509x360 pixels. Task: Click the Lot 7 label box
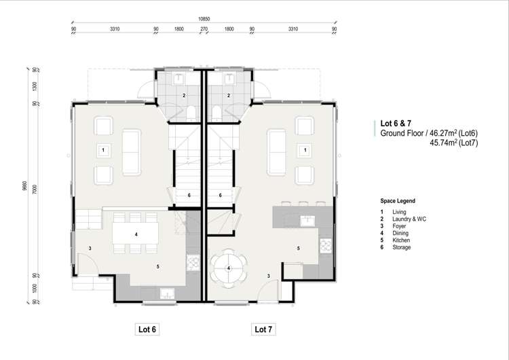(x=264, y=329)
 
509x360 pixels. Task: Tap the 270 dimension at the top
(x=204, y=29)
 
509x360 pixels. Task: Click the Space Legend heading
(x=398, y=202)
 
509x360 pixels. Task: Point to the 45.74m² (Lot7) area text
(x=453, y=144)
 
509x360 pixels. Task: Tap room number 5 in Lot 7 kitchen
(x=298, y=249)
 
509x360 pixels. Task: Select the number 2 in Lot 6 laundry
(x=183, y=96)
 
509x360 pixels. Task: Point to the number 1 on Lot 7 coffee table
(x=306, y=149)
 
